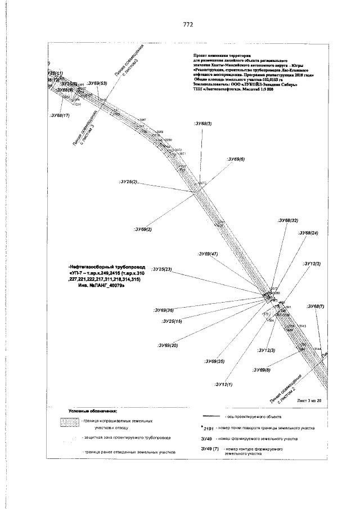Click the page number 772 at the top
(x=188, y=25)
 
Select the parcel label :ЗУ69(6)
(x=235, y=160)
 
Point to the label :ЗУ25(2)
(x=128, y=183)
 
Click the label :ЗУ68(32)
(x=287, y=220)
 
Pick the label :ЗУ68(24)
(x=308, y=232)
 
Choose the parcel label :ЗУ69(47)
(x=208, y=254)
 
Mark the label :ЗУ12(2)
(x=311, y=264)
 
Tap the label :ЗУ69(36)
(x=163, y=310)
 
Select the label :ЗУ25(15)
(x=171, y=321)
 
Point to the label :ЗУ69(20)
(x=168, y=345)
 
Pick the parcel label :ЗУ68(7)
(x=316, y=307)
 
